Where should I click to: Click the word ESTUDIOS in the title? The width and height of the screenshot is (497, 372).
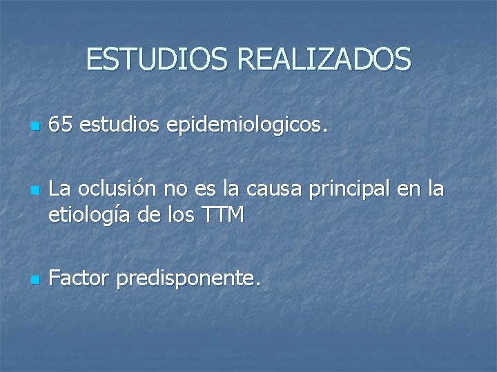click(x=157, y=59)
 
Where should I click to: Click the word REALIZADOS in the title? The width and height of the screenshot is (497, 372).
click(x=324, y=59)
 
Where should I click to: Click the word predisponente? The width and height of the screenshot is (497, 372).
click(x=189, y=280)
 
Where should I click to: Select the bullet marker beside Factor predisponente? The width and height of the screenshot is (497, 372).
click(x=34, y=280)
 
